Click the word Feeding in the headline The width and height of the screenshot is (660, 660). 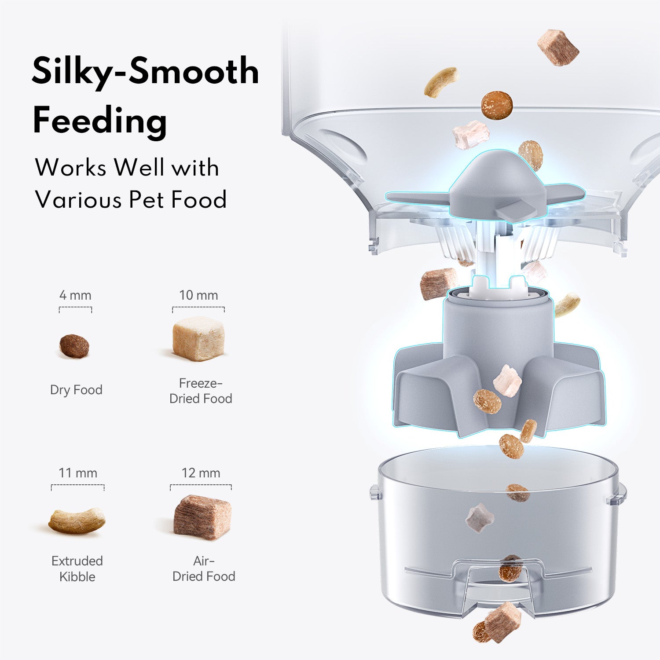[100, 121]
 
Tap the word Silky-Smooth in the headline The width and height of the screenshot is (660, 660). [145, 71]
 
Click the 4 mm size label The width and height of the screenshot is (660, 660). [75, 295]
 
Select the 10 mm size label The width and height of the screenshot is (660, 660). [198, 295]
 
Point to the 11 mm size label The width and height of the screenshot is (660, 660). [78, 473]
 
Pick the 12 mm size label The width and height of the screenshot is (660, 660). [201, 473]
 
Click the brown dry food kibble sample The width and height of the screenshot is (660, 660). [74, 346]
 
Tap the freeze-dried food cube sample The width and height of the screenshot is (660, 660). [198, 338]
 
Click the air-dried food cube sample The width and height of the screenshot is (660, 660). [202, 517]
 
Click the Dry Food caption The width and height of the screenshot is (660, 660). [76, 390]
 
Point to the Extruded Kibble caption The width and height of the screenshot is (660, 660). [77, 568]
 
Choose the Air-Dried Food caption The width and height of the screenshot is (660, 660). [204, 568]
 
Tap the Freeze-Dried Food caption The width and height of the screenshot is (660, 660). [201, 391]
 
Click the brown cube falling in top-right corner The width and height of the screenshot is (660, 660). [558, 48]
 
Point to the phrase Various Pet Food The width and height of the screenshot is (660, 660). [131, 199]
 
